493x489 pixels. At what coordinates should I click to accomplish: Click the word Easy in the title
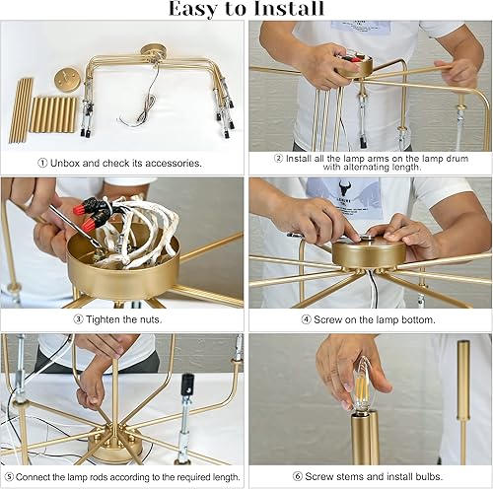(194, 9)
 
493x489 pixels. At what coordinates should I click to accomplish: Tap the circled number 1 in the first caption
(42, 163)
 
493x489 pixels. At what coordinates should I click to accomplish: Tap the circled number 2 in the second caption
(278, 159)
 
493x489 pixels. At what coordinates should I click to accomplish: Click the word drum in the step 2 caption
(457, 159)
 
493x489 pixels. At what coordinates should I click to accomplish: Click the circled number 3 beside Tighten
(78, 319)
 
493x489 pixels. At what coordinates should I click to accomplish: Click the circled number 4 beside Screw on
(306, 319)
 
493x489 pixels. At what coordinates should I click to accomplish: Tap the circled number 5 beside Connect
(10, 476)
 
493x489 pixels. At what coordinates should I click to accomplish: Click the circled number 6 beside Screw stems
(298, 476)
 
